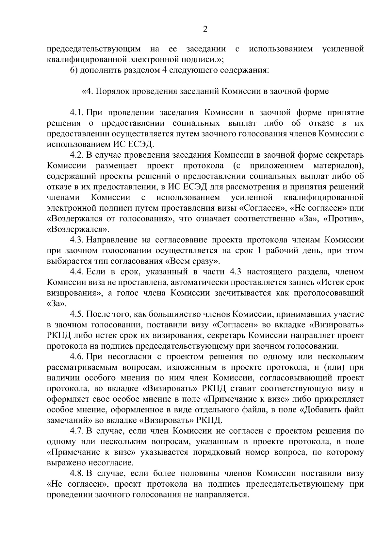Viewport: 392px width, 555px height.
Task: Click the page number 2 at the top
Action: pyautogui.click(x=205, y=30)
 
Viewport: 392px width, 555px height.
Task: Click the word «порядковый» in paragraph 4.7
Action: pyautogui.click(x=217, y=452)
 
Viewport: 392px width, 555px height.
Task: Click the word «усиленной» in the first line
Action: pyautogui.click(x=343, y=49)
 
